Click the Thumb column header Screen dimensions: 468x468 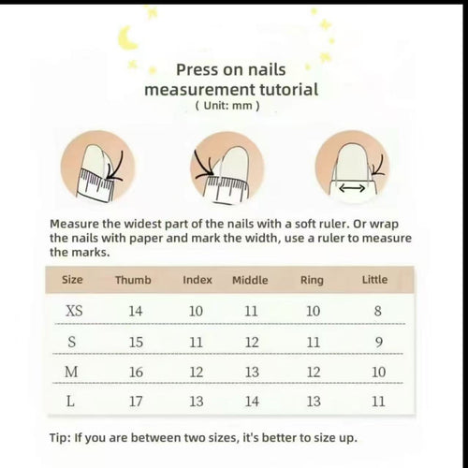(133, 280)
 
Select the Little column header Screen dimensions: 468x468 (374, 280)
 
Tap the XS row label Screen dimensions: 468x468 (73, 310)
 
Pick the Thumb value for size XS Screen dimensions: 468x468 (136, 310)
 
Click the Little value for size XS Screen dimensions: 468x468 (378, 310)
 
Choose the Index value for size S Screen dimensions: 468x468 (196, 342)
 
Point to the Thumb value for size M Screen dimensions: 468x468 (136, 372)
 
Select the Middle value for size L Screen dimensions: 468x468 (252, 402)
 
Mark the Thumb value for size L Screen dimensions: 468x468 (136, 402)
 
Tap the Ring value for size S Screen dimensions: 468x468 (313, 342)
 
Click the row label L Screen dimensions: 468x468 (73, 402)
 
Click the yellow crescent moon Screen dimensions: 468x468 (127, 37)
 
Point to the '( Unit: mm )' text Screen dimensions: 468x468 (227, 106)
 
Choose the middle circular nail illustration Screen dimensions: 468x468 (227, 169)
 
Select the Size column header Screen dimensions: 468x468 (72, 280)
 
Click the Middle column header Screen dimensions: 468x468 (250, 280)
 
